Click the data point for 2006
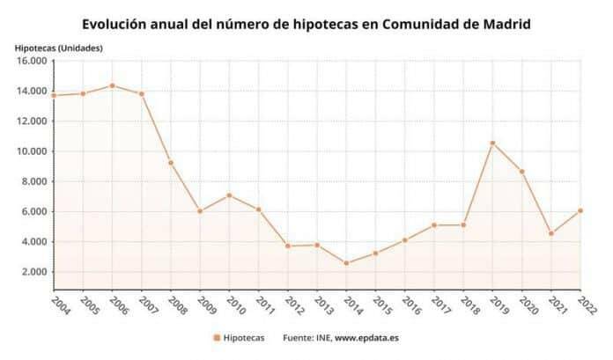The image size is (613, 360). [112, 85]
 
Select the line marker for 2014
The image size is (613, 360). [346, 263]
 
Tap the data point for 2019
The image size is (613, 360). [492, 143]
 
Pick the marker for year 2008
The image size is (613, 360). [171, 163]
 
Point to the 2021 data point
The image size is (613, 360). [550, 233]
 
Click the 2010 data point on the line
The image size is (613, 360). [229, 195]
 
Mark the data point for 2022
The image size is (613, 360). [580, 210]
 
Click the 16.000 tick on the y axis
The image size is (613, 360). [32, 61]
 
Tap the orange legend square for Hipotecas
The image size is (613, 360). [216, 337]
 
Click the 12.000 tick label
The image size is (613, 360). [32, 121]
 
